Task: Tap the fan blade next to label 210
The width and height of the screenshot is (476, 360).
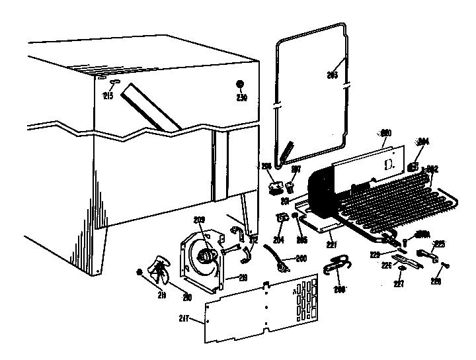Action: pos(159,271)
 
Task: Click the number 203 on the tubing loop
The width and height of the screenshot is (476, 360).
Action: pos(332,75)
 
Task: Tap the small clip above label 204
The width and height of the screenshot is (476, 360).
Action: pos(282,217)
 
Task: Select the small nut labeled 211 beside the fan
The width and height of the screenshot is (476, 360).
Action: pos(139,273)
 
